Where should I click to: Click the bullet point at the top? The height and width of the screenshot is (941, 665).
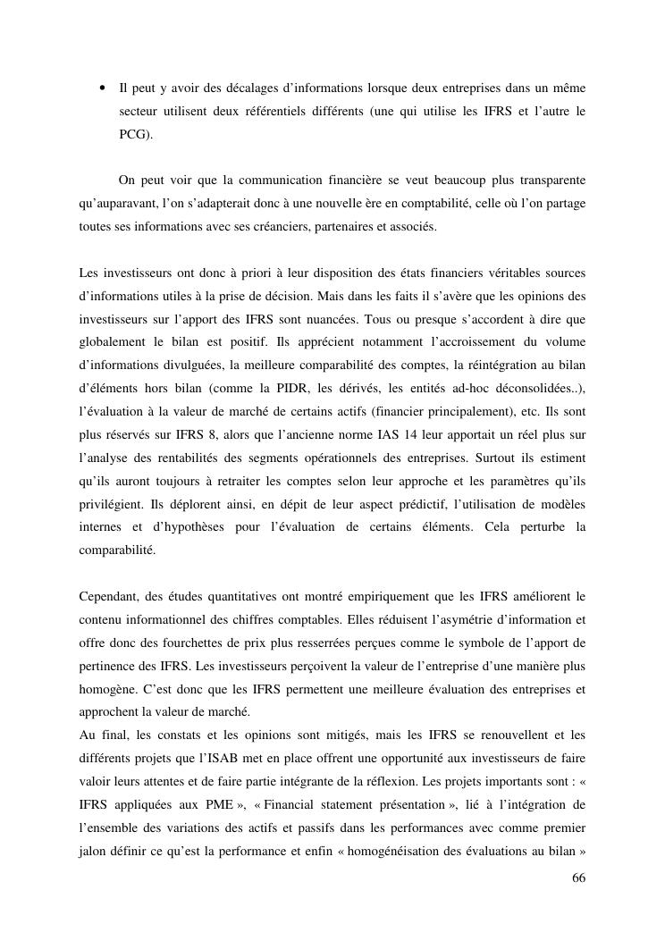pos(104,88)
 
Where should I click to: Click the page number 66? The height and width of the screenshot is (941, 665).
pos(578,878)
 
